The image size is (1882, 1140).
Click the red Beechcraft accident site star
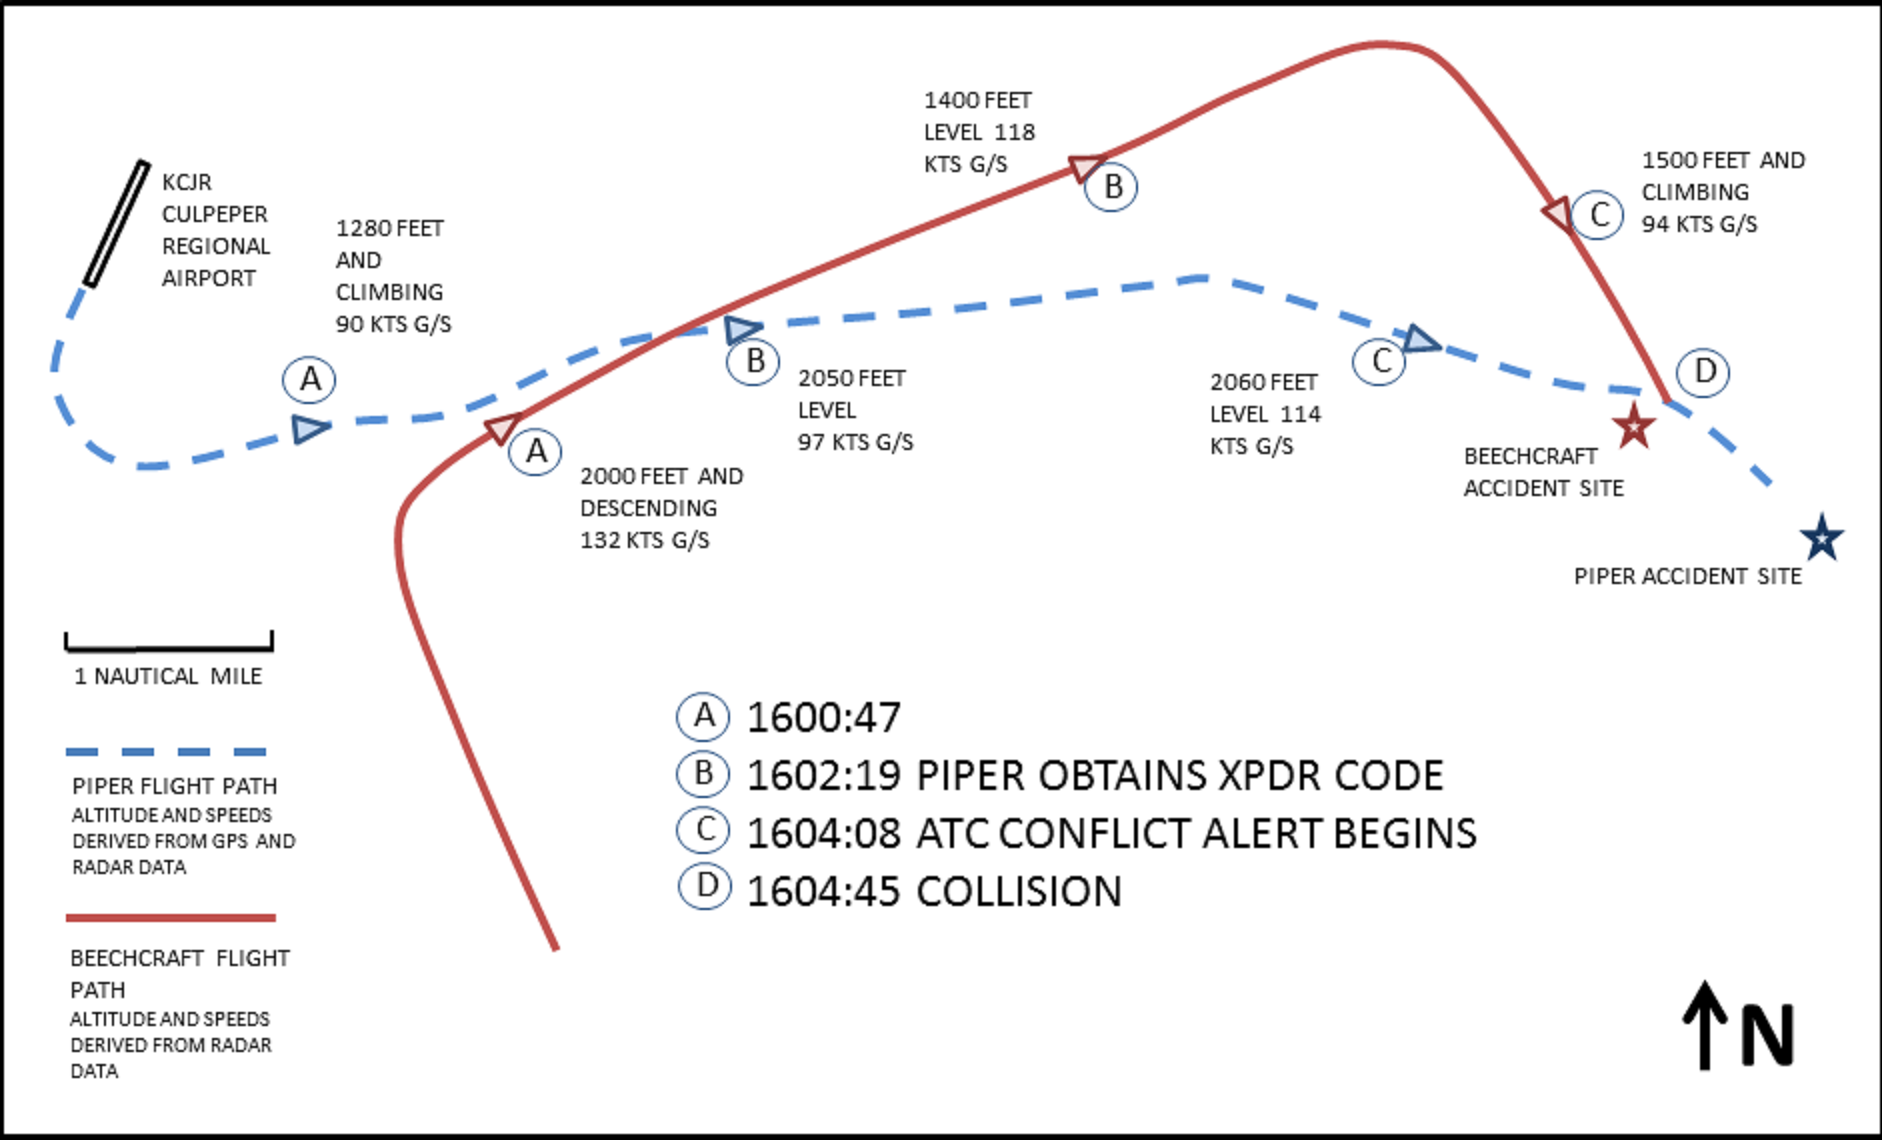pos(1633,427)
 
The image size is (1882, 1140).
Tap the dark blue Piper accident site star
pos(1822,539)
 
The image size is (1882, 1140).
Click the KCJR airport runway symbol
pos(116,224)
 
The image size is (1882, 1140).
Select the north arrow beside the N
pos(1705,1025)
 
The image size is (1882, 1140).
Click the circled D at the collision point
pos(1704,372)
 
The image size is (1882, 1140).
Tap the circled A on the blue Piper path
pos(310,380)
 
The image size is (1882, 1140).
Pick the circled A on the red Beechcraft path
pos(536,452)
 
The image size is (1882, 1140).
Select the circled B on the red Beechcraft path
pos(1112,187)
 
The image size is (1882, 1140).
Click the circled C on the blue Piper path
pos(1380,361)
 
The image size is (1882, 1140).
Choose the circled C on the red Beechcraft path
pos(1598,215)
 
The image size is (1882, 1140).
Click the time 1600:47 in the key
pos(824,717)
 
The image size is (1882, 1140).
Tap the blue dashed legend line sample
pos(167,752)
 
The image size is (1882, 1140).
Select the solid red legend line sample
pos(170,917)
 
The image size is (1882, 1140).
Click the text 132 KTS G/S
pos(645,541)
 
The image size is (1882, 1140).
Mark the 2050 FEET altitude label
pos(851,379)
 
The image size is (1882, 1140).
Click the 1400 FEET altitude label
pos(977,101)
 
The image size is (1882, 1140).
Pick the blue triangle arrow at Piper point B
pos(743,329)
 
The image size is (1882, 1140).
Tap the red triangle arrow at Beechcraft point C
pos(1558,214)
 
